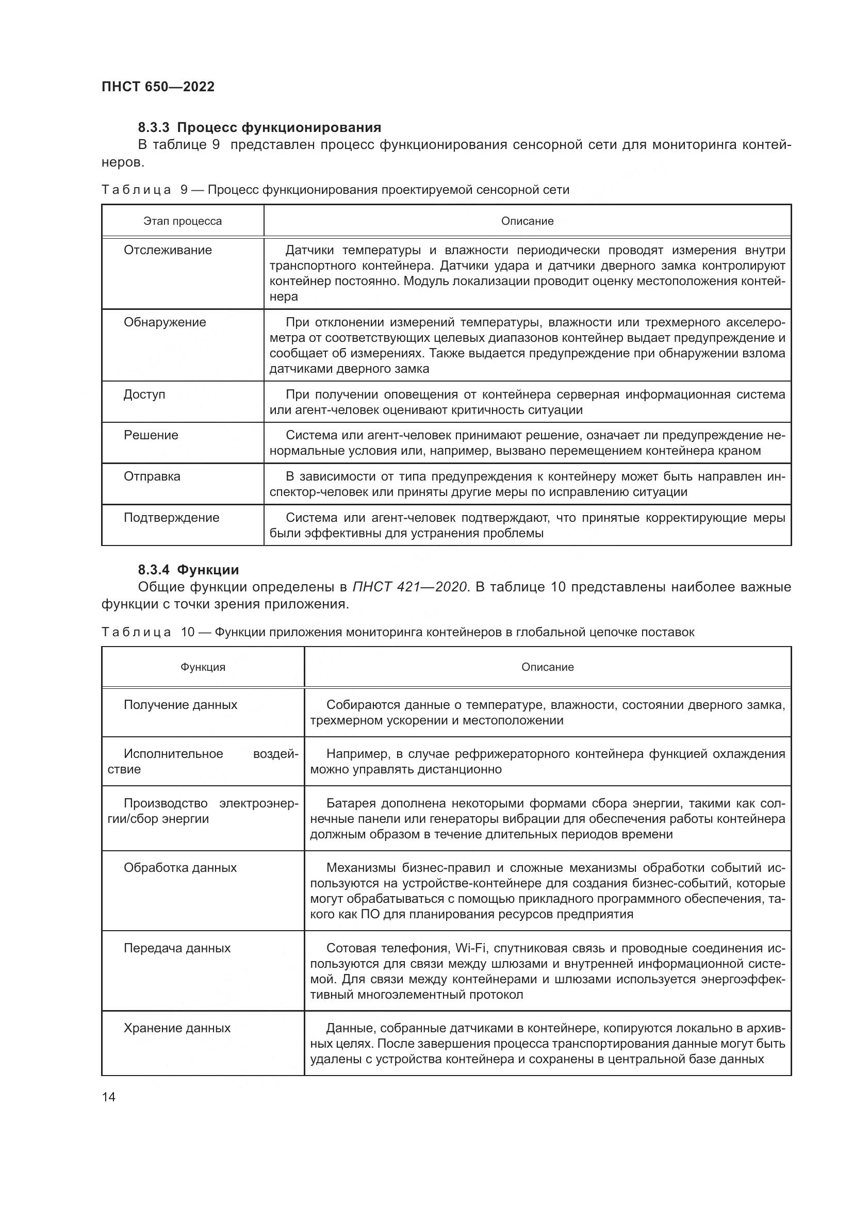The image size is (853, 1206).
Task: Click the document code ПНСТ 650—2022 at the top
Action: coord(158,87)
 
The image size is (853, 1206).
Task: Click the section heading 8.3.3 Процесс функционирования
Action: coord(259,128)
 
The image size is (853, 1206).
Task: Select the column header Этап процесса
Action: coord(182,221)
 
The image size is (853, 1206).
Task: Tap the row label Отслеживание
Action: coord(168,250)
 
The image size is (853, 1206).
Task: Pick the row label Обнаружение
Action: coord(165,322)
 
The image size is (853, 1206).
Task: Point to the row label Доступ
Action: coord(144,394)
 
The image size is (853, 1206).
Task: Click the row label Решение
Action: coord(151,435)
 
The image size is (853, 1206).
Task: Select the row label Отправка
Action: coord(152,476)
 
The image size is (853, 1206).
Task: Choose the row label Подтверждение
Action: coord(171,517)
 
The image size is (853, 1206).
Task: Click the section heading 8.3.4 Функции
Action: coord(188,570)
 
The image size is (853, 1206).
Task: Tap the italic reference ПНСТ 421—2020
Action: coord(409,587)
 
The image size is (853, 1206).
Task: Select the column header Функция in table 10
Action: coord(203,667)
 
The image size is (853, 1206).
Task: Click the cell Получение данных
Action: coord(180,705)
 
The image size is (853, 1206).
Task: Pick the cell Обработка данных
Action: coord(180,868)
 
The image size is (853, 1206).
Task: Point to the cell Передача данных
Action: coord(177,948)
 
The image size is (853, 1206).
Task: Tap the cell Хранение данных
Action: coord(177,1028)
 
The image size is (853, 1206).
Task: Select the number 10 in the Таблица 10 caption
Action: coord(188,633)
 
